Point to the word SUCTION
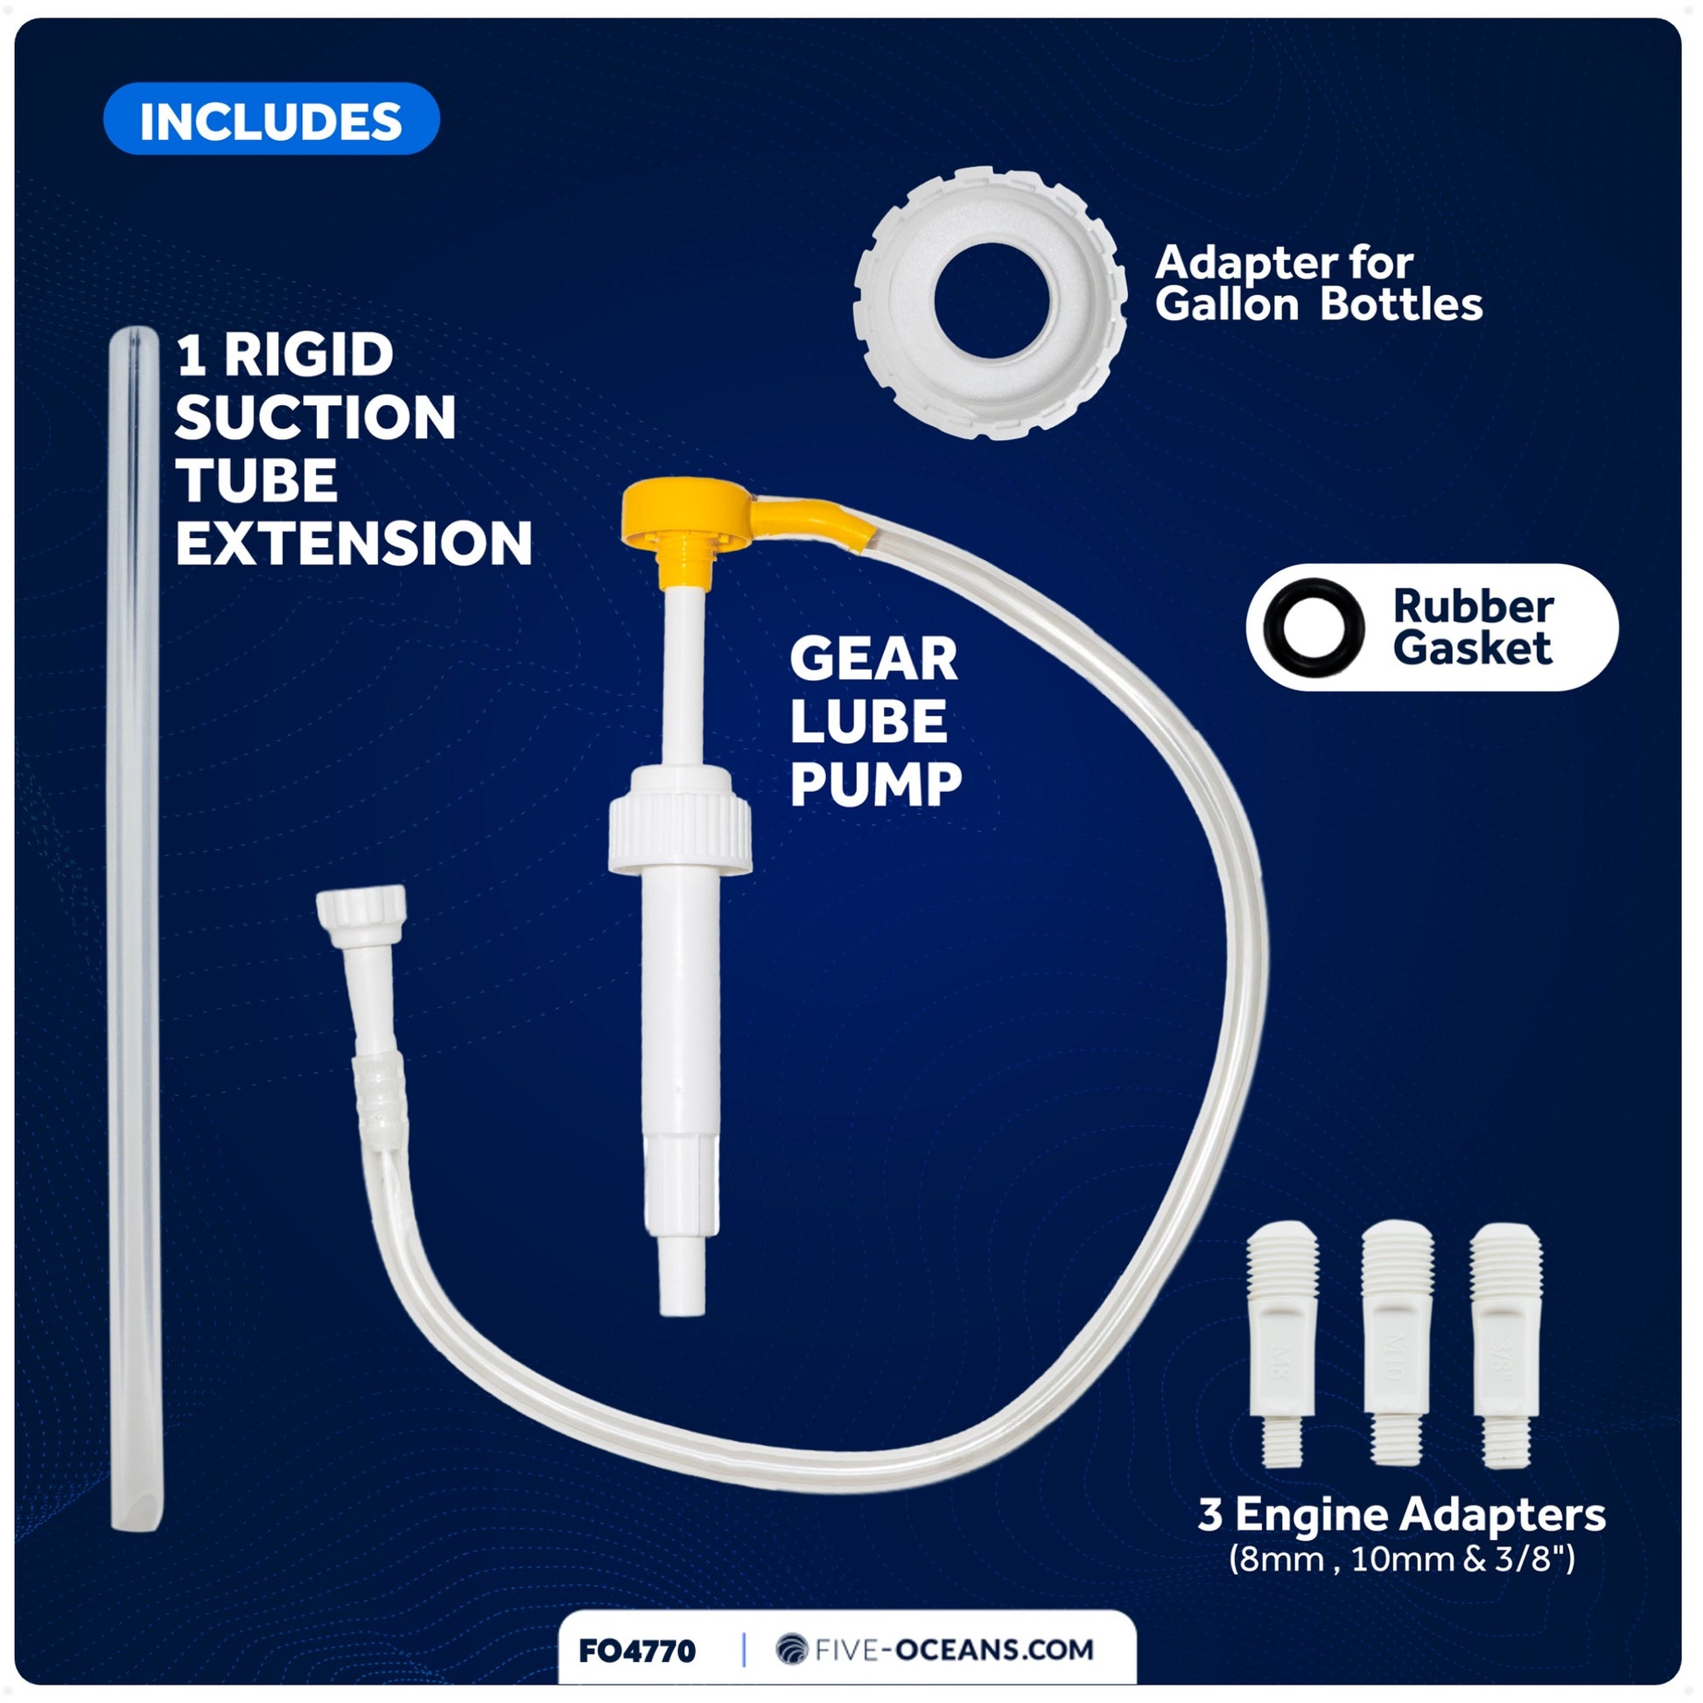315,417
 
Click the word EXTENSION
354,543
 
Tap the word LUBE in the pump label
867,721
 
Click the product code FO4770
636,1650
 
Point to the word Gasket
1472,648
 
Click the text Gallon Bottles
1318,305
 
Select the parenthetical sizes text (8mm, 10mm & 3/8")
1402,1559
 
